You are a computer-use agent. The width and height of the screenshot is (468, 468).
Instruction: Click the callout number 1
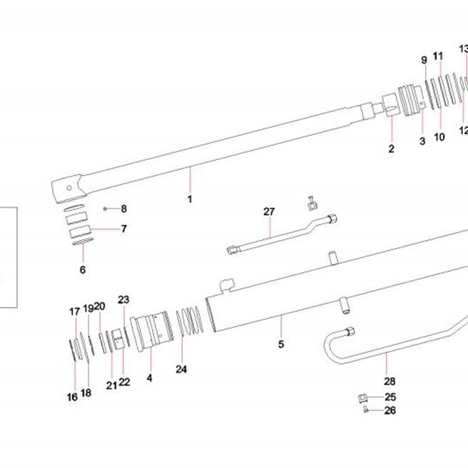pos(190,199)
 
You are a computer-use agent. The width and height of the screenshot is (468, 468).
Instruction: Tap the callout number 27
pos(269,211)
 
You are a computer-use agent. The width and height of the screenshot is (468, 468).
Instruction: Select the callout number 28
pos(389,381)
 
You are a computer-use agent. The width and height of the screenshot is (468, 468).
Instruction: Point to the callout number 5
pos(282,344)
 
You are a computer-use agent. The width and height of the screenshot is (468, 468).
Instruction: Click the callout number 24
pos(181,369)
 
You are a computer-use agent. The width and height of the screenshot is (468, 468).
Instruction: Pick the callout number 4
pos(149,378)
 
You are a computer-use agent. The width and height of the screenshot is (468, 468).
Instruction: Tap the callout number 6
pos(83,270)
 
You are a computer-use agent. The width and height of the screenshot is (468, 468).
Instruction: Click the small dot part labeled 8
pos(105,209)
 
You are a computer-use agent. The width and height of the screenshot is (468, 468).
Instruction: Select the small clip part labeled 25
pos(362,398)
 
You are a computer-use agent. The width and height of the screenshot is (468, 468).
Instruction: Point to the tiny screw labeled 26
pos(366,410)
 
